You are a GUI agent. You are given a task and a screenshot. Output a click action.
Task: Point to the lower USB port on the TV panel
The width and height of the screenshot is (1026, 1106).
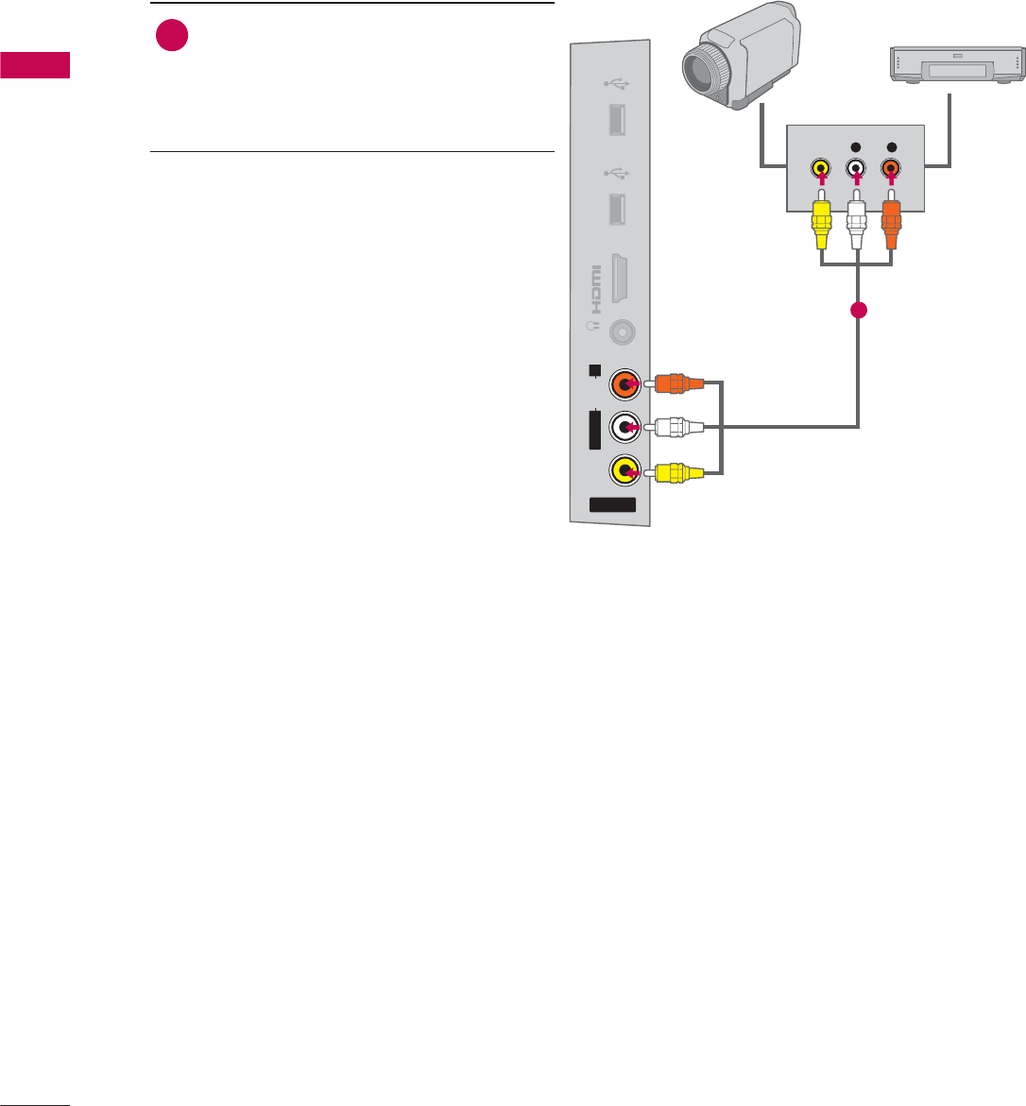621,209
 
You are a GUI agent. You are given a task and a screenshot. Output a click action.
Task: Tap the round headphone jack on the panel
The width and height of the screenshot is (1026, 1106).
622,332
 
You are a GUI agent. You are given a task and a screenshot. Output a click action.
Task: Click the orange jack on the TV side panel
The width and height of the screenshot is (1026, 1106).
624,384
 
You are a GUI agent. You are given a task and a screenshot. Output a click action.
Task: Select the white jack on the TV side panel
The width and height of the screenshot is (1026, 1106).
624,427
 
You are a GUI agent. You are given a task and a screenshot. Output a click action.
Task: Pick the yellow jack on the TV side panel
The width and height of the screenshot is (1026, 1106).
624,469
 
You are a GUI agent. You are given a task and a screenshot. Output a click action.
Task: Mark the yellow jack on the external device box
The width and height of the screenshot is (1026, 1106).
822,170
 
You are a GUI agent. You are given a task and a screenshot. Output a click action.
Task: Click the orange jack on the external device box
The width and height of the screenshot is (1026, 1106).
890,170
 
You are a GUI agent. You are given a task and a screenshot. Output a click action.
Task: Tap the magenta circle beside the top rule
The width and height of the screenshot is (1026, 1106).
171,37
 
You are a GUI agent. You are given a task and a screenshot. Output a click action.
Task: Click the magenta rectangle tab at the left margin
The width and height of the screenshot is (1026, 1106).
35,66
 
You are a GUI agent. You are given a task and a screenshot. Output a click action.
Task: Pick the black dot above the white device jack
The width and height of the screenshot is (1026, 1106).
856,147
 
